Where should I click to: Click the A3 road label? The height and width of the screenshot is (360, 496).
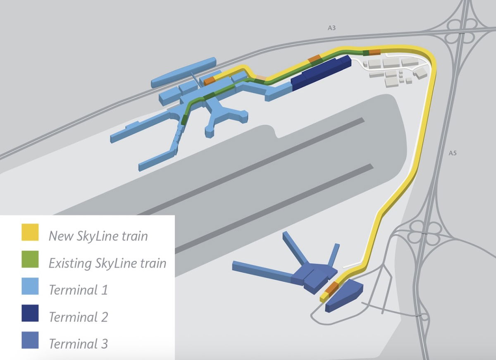331,28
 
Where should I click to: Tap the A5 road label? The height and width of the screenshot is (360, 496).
453,153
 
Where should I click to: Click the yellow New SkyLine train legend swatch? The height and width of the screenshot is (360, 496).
30,232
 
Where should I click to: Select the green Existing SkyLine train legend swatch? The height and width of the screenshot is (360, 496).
30,259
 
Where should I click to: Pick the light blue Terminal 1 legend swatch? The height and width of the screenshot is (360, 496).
30,286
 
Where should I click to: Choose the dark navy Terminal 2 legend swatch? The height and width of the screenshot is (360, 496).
30,313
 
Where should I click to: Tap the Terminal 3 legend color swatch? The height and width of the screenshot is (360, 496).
30,340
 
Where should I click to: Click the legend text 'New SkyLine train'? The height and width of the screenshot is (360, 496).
98,236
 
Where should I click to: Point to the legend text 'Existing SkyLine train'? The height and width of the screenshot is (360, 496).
107,263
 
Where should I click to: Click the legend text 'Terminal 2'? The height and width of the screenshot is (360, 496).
79,317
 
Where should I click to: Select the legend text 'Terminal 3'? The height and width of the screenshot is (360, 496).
79,344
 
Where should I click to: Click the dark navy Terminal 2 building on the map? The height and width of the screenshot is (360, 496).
321,73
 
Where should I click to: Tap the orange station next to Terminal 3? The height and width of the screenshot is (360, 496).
331,290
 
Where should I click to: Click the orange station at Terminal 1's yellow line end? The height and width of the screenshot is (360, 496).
209,81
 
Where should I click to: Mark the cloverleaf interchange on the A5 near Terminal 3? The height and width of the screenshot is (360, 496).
425,233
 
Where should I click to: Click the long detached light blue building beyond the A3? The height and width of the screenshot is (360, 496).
184,72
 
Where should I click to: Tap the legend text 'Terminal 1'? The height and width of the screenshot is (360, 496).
79,290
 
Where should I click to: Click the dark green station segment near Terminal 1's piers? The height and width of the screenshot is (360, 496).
184,120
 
